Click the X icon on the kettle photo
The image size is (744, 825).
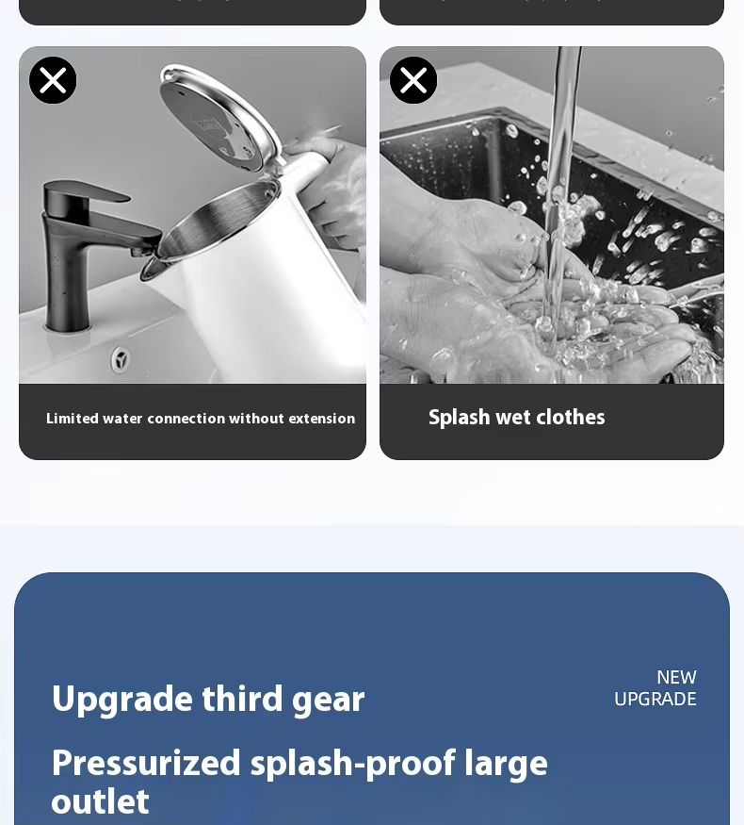pyautogui.click(x=53, y=80)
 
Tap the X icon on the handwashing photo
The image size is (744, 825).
pyautogui.click(x=413, y=80)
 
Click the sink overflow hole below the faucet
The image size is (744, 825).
pyautogui.click(x=121, y=360)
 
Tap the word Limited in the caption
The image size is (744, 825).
pyautogui.click(x=73, y=419)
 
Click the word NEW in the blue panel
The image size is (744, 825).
pyautogui.click(x=677, y=677)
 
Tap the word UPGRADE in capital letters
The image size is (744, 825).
pyautogui.click(x=655, y=700)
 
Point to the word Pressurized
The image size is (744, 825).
pyautogui.click(x=146, y=764)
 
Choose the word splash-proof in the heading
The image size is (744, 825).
pyautogui.click(x=353, y=765)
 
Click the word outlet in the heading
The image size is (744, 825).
pyautogui.click(x=100, y=801)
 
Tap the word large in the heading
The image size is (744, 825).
pyautogui.click(x=506, y=765)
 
